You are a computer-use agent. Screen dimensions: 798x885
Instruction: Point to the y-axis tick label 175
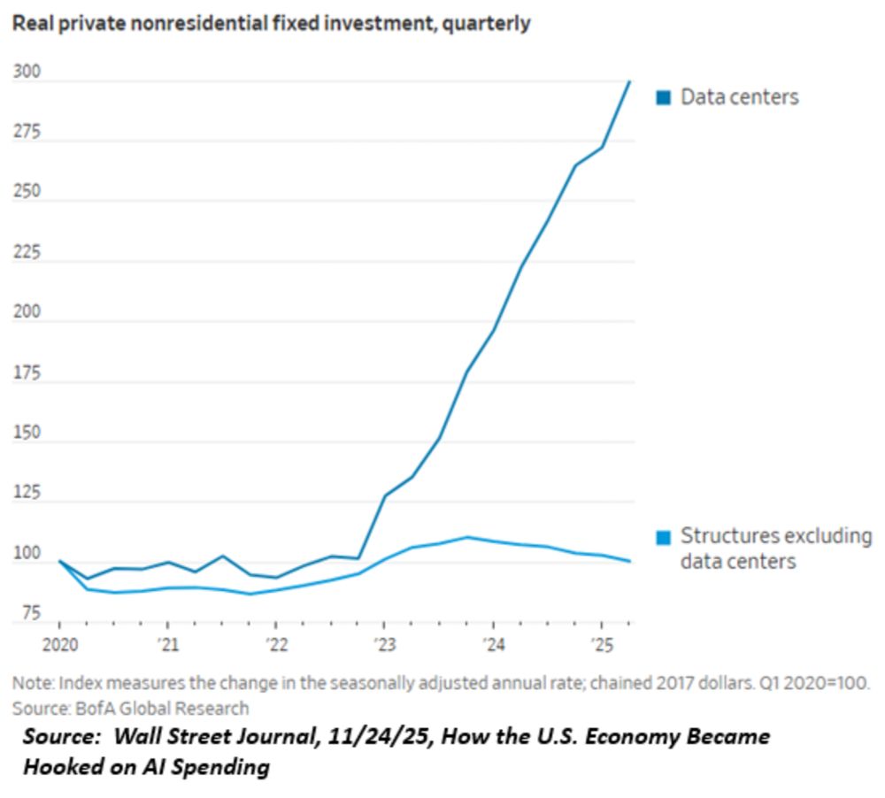pyautogui.click(x=27, y=372)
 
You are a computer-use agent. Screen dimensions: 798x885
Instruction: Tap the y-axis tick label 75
pyautogui.click(x=30, y=612)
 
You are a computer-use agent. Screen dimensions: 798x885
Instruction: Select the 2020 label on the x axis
pyautogui.click(x=58, y=642)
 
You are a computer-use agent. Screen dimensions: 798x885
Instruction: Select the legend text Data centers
pyautogui.click(x=739, y=97)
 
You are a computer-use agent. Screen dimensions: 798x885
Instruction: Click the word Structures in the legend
pyautogui.click(x=721, y=536)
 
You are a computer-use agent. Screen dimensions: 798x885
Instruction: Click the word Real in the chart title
pyautogui.click(x=32, y=24)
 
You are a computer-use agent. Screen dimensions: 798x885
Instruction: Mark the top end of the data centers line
pyautogui.click(x=629, y=81)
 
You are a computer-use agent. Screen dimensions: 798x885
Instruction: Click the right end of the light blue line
pyautogui.click(x=629, y=561)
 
